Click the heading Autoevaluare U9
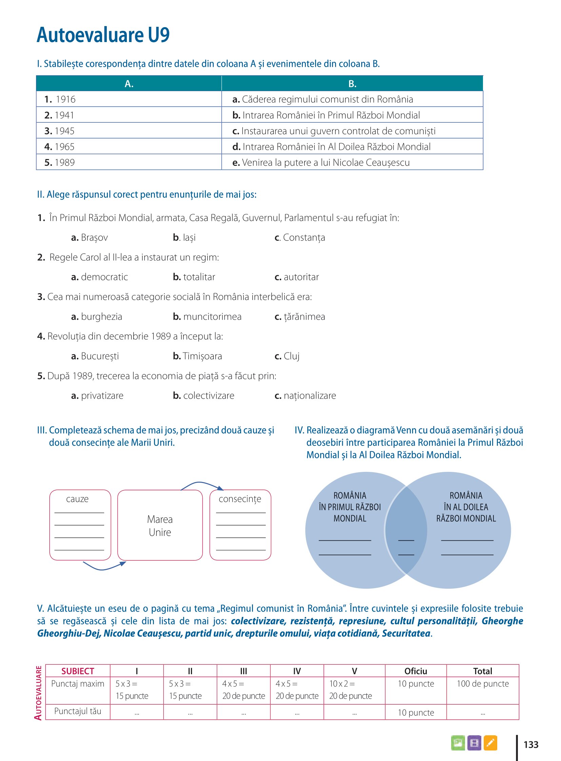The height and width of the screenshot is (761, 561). pyautogui.click(x=103, y=35)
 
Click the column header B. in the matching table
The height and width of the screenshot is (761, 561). pyautogui.click(x=352, y=84)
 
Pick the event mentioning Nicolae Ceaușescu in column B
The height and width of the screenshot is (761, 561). pyautogui.click(x=321, y=163)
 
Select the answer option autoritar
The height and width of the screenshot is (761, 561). pyautogui.click(x=297, y=277)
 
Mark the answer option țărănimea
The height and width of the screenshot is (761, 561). pyautogui.click(x=300, y=317)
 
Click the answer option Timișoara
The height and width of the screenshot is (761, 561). pyautogui.click(x=198, y=356)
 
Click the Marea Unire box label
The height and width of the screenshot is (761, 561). pyautogui.click(x=160, y=526)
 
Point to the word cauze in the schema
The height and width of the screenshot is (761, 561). pyautogui.click(x=77, y=499)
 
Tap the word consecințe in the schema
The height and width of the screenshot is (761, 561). pyautogui.click(x=240, y=499)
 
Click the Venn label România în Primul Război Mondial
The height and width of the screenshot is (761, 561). pyautogui.click(x=350, y=507)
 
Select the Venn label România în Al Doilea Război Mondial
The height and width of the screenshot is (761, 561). pyautogui.click(x=466, y=507)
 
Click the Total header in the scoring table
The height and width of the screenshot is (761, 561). pyautogui.click(x=483, y=671)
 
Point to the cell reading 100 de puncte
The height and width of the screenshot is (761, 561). pyautogui.click(x=483, y=684)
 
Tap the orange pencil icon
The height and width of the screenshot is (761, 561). pyautogui.click(x=490, y=743)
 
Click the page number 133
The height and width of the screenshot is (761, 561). pyautogui.click(x=531, y=745)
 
